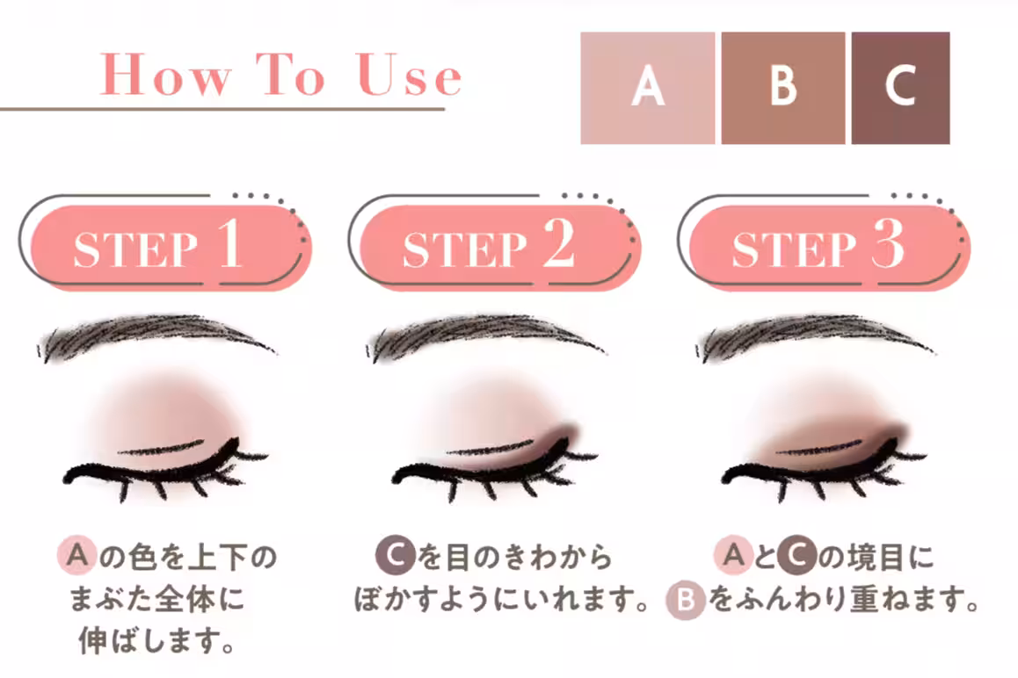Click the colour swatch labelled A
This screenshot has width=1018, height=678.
tap(647, 88)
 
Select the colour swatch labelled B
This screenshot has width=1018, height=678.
tap(783, 88)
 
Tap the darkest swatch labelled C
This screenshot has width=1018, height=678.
tap(900, 88)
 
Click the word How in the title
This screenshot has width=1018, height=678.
tap(165, 76)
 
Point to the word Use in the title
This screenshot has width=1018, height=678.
tap(409, 76)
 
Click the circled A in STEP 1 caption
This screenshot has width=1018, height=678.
tap(77, 556)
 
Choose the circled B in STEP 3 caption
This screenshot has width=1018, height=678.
tap(686, 600)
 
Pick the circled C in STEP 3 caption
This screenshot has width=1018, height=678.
tap(796, 556)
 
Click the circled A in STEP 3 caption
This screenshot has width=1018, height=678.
tap(734, 556)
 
